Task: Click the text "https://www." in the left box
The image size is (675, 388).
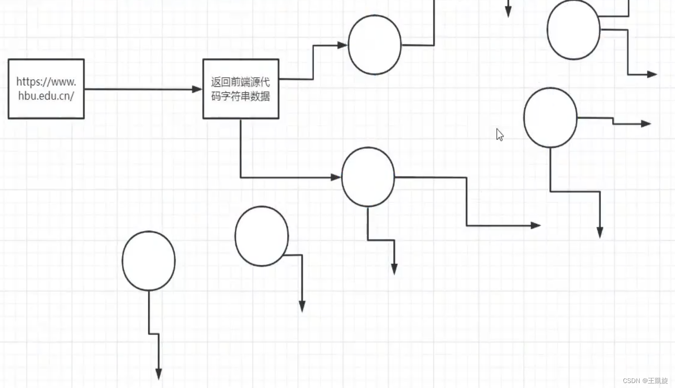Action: pos(46,82)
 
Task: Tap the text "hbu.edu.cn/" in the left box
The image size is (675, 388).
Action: pos(46,96)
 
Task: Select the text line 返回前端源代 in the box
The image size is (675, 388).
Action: pos(240,82)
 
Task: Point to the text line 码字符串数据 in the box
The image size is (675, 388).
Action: pos(240,96)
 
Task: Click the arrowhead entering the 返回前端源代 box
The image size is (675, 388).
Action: pos(197,90)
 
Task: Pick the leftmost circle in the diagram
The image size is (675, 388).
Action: pos(148,261)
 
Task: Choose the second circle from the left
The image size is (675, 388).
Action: pos(261,236)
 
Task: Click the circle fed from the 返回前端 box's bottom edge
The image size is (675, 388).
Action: pos(368,177)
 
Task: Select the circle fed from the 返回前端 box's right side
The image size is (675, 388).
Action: pos(375,45)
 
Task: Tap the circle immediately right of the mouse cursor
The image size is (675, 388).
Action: pos(550,118)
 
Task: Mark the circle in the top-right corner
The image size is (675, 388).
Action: pos(573,30)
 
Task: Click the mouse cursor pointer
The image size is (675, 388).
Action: pos(499,134)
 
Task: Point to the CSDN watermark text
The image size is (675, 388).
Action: pos(645,381)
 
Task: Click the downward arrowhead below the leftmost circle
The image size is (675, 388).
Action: pos(159,374)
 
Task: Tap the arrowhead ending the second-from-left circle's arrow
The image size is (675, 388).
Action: pos(302,307)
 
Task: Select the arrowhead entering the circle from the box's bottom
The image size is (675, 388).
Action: pos(336,177)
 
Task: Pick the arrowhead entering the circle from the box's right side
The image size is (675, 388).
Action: pos(342,45)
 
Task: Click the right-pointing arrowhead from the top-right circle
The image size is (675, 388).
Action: pos(652,74)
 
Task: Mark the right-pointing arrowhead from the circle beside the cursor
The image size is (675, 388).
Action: pos(646,123)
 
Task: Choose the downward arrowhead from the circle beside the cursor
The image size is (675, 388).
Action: pos(600,232)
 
